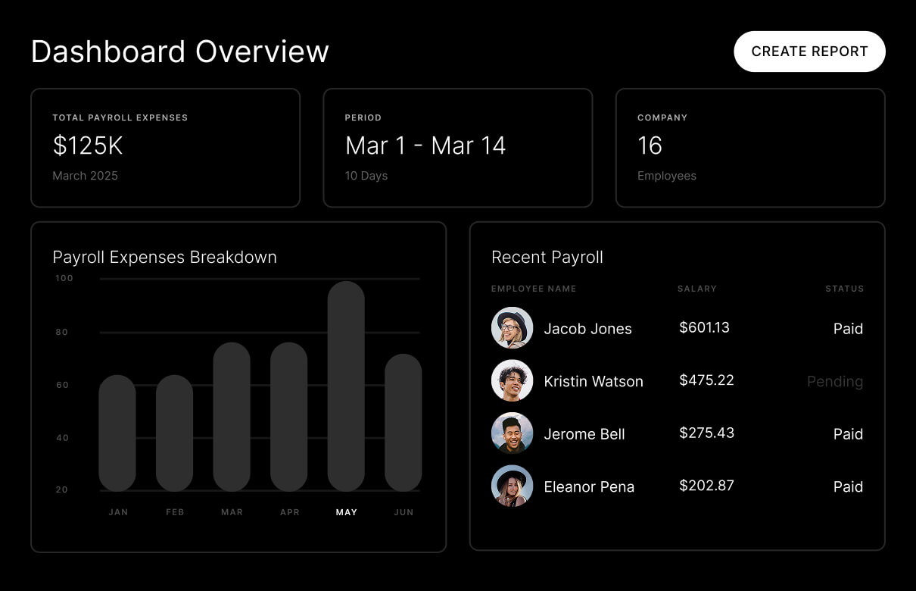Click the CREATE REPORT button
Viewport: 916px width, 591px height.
[809, 52]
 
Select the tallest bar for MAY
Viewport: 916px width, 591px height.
[346, 386]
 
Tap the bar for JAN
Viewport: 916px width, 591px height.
[117, 433]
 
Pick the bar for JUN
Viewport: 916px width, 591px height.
[403, 423]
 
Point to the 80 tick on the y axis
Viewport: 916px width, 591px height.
[62, 332]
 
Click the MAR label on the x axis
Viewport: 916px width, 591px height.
[232, 512]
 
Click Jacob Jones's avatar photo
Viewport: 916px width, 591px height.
[512, 328]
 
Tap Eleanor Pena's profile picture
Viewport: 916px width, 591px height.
[512, 486]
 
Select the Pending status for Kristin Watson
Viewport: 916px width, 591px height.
[834, 381]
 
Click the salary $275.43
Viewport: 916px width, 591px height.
[706, 433]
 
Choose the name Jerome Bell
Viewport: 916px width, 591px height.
[584, 434]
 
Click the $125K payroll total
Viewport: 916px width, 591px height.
[88, 145]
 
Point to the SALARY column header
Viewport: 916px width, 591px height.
[696, 289]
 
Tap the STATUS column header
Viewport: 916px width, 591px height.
[844, 289]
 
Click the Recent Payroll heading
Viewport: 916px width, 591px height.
[547, 257]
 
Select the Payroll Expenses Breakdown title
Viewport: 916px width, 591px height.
[165, 257]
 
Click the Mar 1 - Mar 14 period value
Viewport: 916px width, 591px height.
[425, 145]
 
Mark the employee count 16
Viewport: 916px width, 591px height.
[650, 145]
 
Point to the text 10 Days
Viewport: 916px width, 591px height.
[366, 176]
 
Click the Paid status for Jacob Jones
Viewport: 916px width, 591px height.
[848, 329]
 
